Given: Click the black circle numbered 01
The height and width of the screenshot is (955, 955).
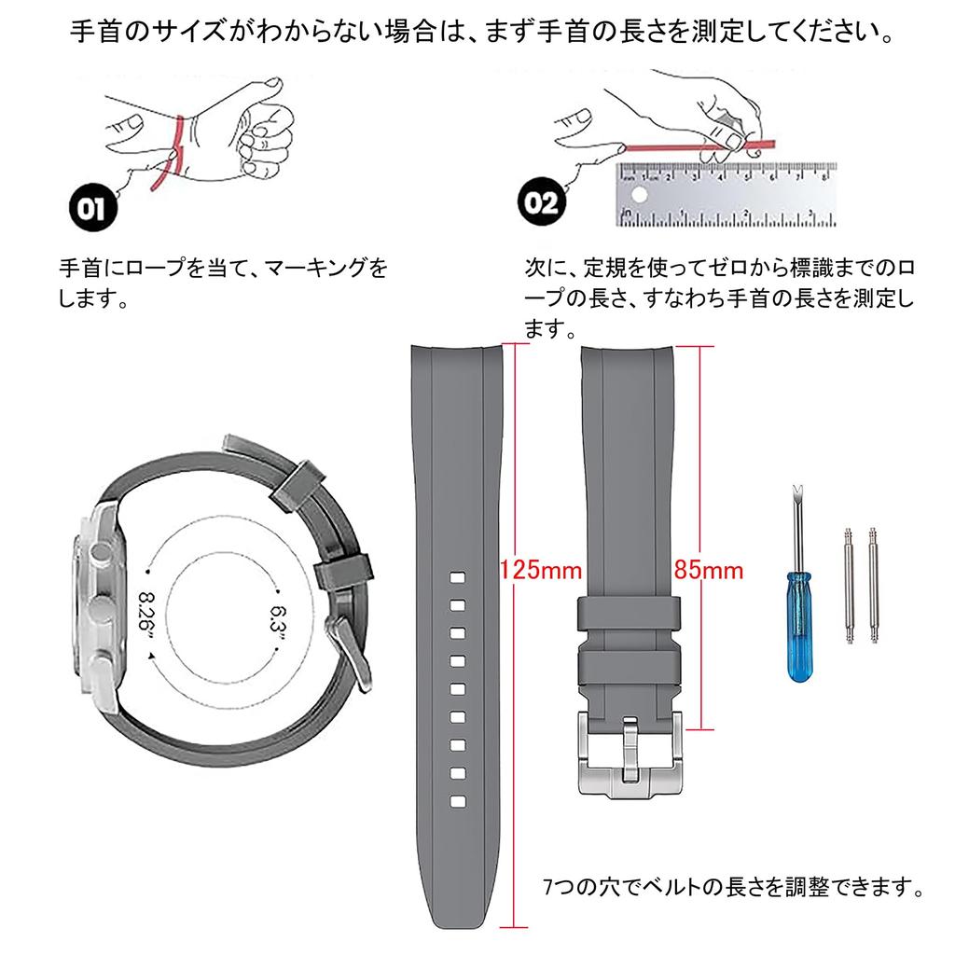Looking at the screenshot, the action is [92, 208].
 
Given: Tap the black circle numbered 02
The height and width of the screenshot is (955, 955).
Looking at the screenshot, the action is [542, 201].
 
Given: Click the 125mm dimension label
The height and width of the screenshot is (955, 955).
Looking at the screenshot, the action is [540, 570].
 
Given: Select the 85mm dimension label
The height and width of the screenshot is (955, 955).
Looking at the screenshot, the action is [709, 570].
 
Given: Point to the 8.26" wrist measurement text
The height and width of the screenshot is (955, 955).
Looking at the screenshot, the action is [146, 616].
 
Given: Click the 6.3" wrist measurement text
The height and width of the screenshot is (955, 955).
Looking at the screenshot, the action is [278, 622].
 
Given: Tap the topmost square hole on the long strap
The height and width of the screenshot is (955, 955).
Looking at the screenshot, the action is [457, 577].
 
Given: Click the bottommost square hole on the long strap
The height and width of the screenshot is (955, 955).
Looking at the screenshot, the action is [457, 801].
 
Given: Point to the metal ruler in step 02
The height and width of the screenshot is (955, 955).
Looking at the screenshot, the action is [726, 195].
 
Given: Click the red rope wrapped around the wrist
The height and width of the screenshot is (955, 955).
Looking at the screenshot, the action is [170, 154].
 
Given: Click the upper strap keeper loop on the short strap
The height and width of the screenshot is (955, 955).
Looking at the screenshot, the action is [629, 614].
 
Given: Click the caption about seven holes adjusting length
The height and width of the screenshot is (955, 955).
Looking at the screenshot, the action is [734, 887].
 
